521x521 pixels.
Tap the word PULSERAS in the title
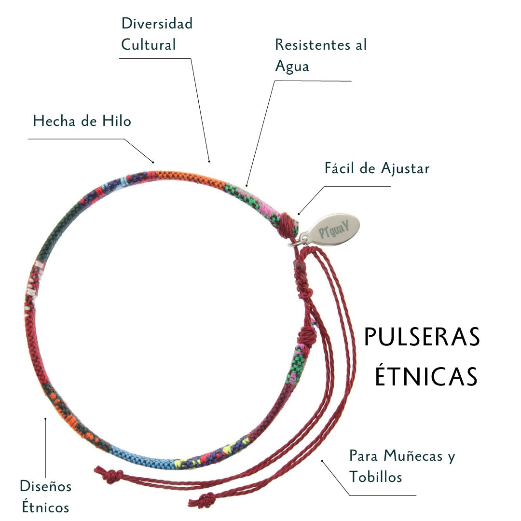[422, 337]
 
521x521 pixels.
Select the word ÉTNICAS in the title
[426, 376]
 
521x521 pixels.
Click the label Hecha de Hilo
[82, 121]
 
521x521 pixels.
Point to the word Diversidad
[157, 24]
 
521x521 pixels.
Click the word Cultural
[148, 45]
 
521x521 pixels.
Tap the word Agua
[292, 66]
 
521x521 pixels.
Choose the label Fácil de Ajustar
[377, 169]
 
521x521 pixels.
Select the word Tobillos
[376, 477]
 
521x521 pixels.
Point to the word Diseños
[45, 486]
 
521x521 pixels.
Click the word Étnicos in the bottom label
[44, 507]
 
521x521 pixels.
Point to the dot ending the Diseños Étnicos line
[45, 419]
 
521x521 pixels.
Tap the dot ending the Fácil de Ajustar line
[299, 214]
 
